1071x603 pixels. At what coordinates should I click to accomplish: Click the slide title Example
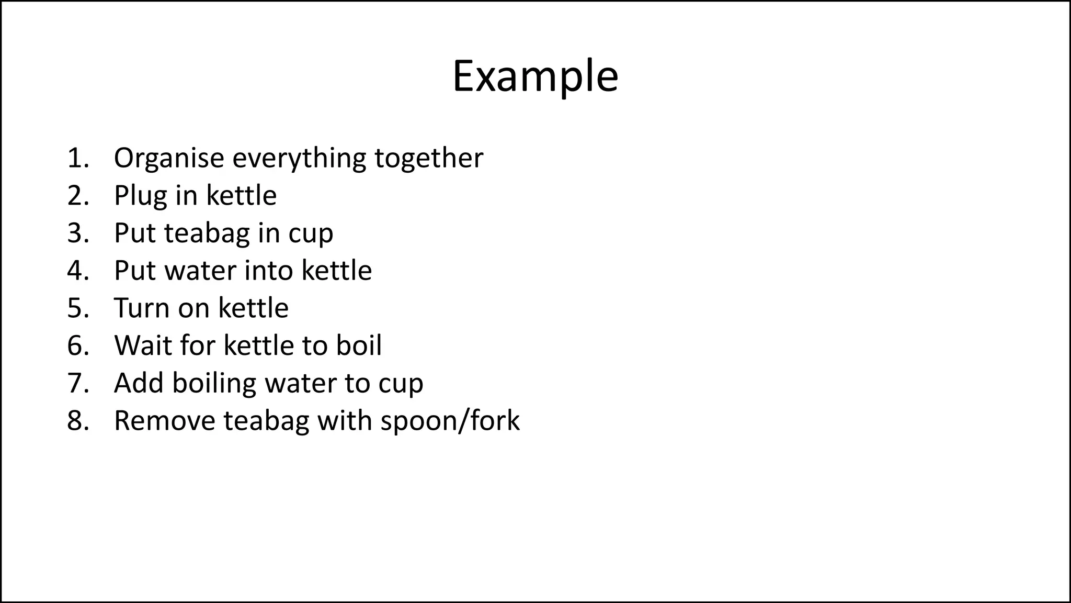(535, 76)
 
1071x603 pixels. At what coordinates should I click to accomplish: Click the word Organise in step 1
(169, 158)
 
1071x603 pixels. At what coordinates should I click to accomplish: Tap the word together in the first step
(429, 158)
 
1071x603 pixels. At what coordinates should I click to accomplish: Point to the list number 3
(77, 233)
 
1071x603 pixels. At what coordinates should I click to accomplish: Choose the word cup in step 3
(311, 234)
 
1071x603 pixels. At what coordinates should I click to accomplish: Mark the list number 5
(77, 308)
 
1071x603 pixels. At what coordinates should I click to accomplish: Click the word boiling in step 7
(214, 384)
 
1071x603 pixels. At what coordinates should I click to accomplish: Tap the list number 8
(77, 421)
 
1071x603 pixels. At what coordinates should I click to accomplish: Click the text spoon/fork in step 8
(450, 421)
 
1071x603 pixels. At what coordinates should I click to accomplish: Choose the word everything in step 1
(299, 159)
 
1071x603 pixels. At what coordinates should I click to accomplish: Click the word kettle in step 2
(241, 196)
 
